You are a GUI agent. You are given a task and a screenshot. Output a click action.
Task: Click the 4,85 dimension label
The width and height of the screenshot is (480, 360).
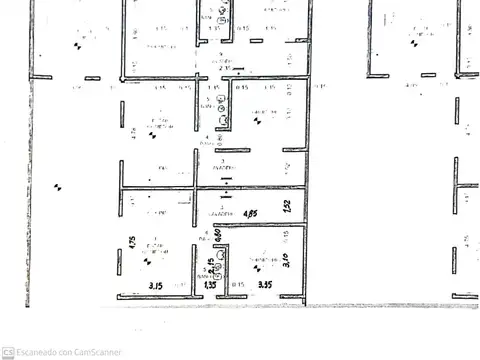(252, 213)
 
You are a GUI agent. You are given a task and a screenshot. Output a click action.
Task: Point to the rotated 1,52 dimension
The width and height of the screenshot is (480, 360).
(286, 207)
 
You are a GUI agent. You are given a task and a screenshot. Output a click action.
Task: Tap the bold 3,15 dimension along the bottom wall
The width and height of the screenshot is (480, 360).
(157, 285)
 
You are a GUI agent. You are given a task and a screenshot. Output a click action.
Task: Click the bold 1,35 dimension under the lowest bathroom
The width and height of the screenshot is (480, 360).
(210, 285)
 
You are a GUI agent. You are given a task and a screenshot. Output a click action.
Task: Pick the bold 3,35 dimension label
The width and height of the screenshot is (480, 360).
(265, 285)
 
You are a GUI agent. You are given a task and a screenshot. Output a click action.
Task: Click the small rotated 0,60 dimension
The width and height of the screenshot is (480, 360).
(216, 238)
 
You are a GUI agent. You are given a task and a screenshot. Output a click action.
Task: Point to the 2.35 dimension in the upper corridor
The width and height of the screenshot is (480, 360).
(212, 68)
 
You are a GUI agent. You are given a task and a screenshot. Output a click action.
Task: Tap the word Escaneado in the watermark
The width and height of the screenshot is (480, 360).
(42, 351)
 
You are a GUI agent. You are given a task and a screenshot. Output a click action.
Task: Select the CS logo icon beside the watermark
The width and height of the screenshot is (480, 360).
(7, 351)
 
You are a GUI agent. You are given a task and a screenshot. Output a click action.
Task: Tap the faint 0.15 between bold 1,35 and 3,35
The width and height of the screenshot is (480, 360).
(238, 285)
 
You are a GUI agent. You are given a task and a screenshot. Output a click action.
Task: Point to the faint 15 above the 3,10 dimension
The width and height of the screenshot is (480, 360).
(286, 233)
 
